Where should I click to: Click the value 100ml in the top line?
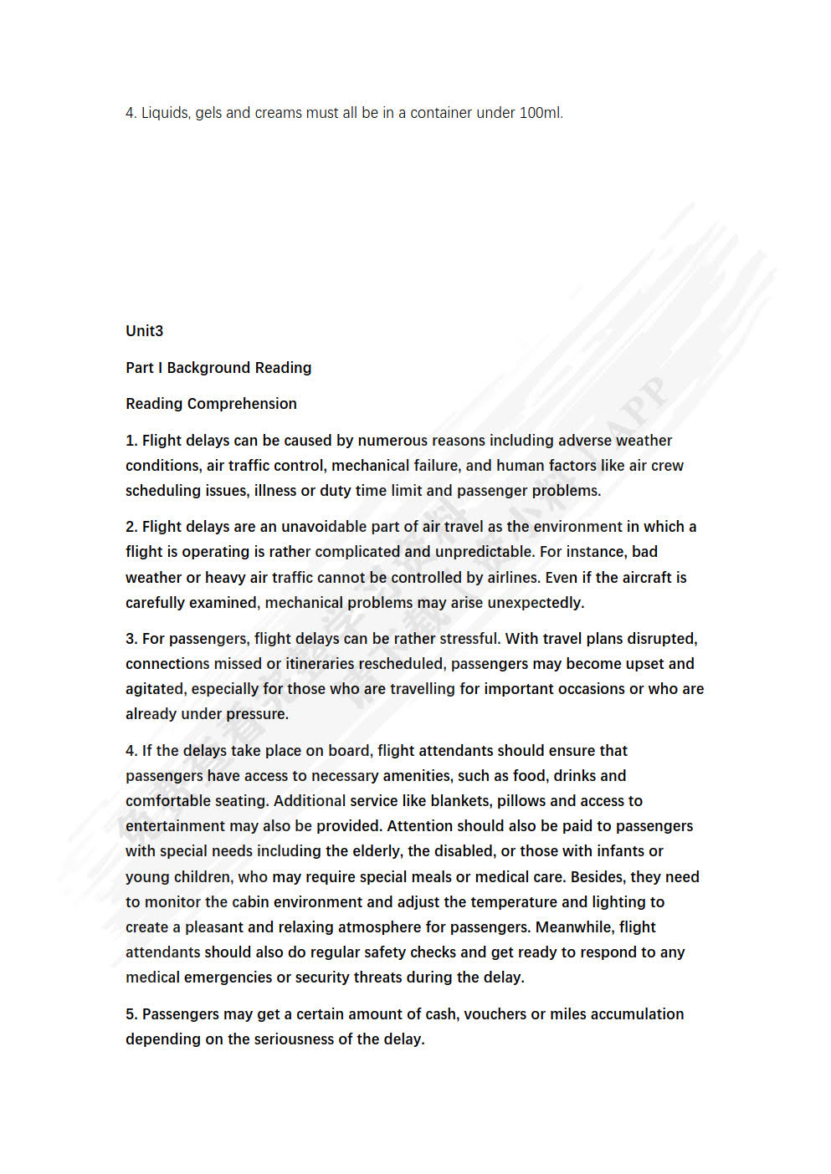coord(540,113)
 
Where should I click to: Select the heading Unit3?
coord(145,331)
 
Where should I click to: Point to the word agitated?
coord(155,689)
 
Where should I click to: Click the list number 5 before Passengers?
coord(131,1014)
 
